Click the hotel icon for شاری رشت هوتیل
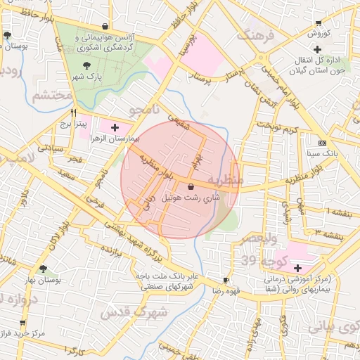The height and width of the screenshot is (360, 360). [x=191, y=186]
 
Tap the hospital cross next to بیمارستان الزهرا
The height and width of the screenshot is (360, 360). [x=115, y=127]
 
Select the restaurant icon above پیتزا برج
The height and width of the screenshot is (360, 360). [x=72, y=112]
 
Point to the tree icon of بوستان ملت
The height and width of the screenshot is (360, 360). [x=7, y=34]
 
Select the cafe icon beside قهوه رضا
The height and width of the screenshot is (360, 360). [x=225, y=279]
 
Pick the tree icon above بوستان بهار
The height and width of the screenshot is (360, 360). [x=44, y=268]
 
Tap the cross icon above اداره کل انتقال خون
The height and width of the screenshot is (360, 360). [x=318, y=49]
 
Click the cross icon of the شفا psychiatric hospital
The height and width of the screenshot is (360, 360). [x=297, y=268]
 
